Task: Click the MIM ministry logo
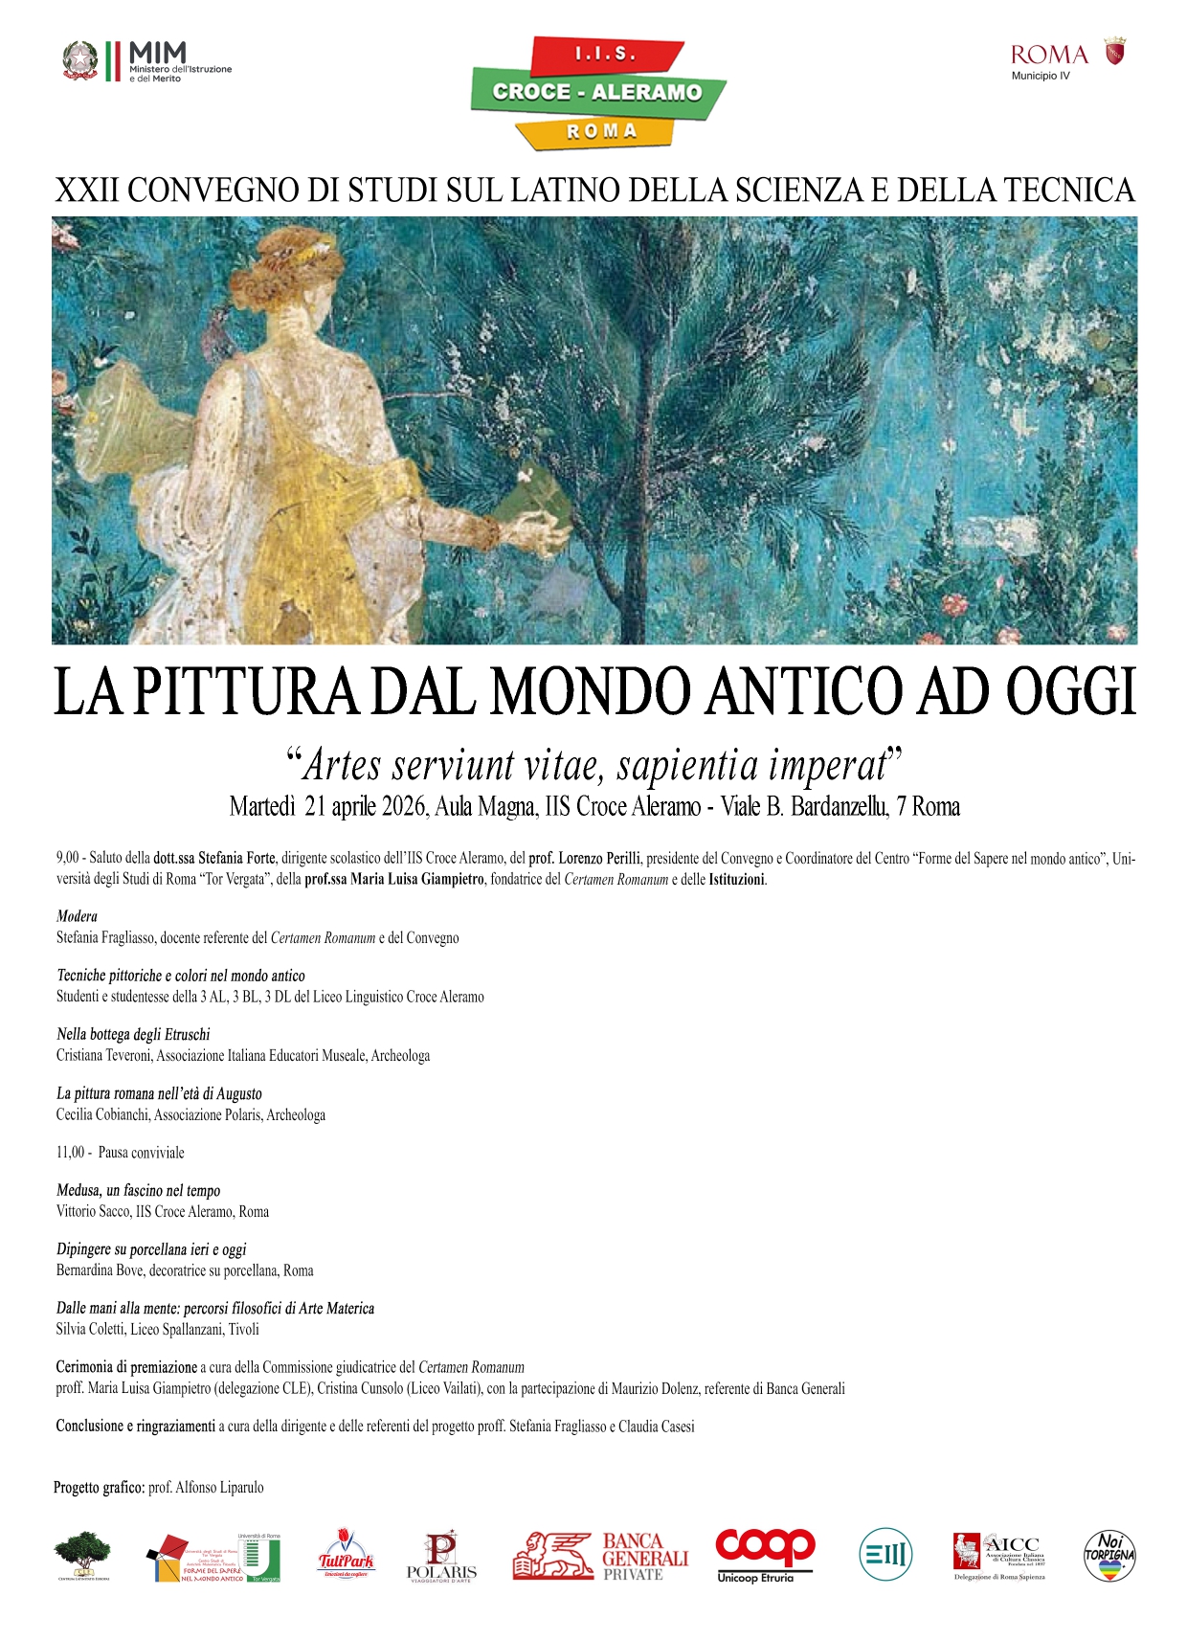[147, 61]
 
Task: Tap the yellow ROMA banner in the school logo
[600, 131]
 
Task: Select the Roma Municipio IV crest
[1115, 52]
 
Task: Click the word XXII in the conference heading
[86, 191]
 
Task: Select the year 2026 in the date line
[403, 807]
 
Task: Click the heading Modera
[77, 916]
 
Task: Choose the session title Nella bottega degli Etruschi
[133, 1034]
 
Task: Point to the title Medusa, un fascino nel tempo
[138, 1190]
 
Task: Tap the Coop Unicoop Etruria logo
[765, 1555]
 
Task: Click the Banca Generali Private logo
[600, 1555]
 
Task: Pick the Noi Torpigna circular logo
[1109, 1555]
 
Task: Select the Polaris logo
[441, 1555]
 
